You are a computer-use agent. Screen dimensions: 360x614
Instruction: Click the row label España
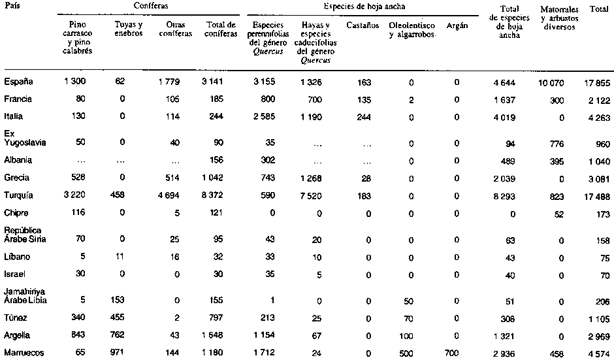click(x=18, y=82)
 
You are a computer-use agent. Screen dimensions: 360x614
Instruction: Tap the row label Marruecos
click(x=23, y=353)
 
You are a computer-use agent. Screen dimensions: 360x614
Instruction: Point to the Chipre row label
click(x=16, y=213)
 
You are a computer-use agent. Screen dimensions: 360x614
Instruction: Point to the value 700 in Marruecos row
click(x=451, y=353)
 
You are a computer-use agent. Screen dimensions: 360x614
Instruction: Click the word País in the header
click(x=12, y=5)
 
